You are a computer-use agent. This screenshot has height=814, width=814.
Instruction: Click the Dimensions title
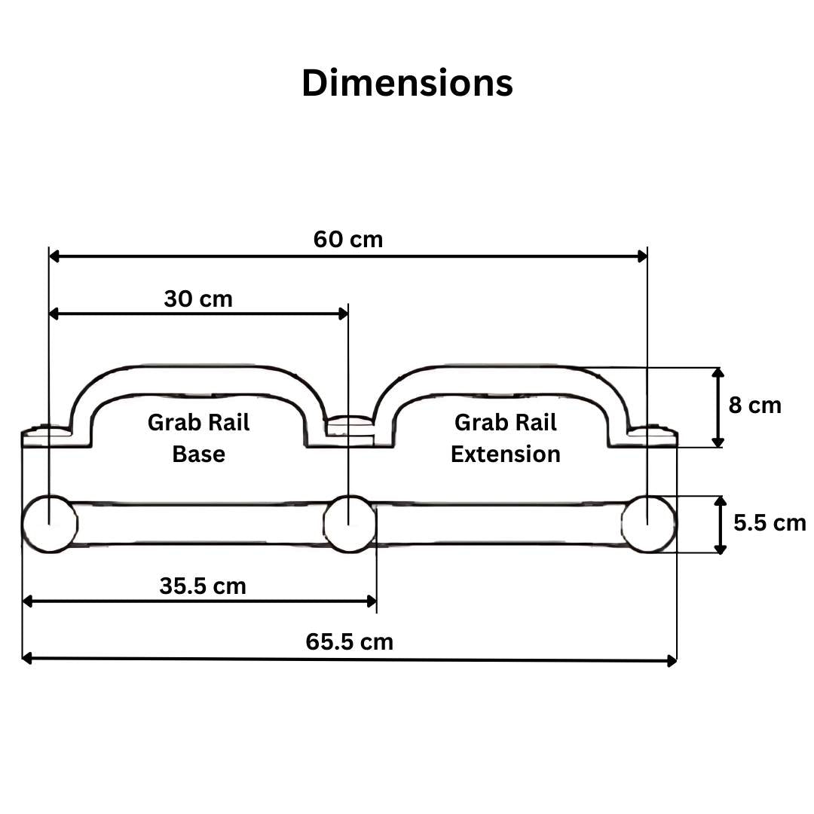pos(407,83)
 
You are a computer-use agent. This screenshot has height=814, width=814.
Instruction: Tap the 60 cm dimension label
pos(348,240)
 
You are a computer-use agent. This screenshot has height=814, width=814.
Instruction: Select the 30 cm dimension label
pos(198,299)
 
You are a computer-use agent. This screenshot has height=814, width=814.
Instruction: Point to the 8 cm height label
pos(754,405)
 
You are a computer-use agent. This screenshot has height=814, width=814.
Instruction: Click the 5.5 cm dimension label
pos(770,523)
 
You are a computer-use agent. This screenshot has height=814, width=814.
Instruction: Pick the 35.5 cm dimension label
pos(203,586)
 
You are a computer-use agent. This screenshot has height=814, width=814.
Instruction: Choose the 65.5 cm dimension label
pos(350,642)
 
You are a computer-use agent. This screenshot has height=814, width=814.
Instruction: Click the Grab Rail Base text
pos(198,438)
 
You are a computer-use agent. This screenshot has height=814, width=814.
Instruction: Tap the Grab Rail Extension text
pos(506,438)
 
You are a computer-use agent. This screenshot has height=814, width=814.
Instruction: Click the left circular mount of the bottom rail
pos(50,524)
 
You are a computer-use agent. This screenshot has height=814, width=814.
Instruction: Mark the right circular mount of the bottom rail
pos(648,523)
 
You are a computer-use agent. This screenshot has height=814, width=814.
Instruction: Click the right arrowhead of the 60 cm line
pos(641,256)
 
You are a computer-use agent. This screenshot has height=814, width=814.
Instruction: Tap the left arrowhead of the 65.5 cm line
pos(28,658)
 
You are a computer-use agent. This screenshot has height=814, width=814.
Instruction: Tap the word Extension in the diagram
pos(506,454)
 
